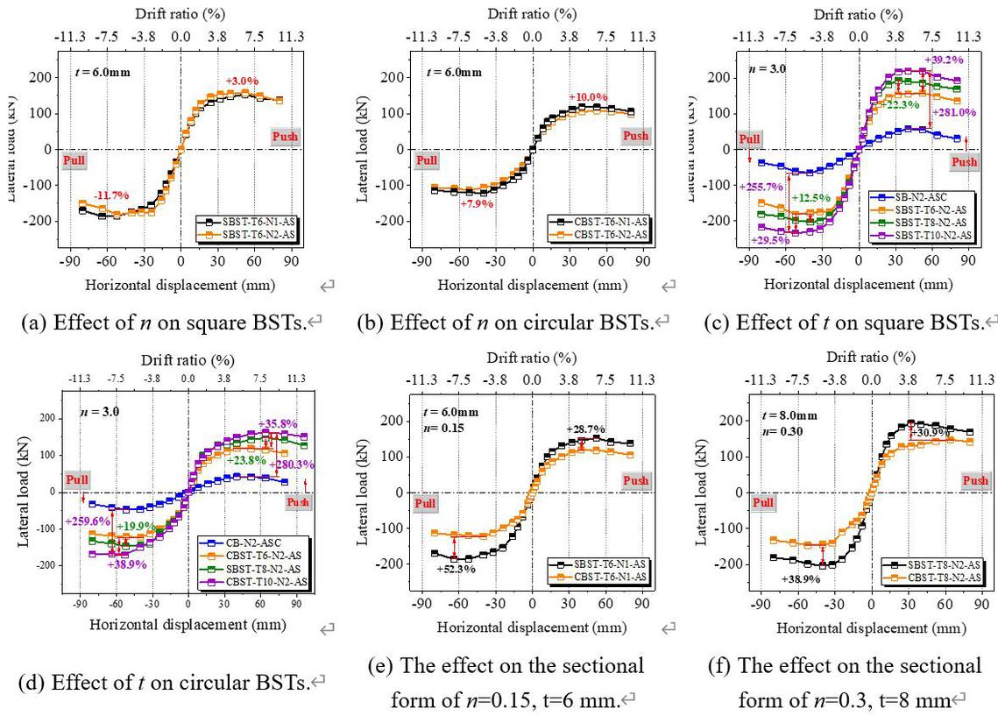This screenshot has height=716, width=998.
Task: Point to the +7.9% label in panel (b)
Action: (x=476, y=203)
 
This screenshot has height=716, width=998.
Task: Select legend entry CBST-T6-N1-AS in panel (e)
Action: (x=605, y=576)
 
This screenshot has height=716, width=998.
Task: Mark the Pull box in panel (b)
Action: (x=427, y=160)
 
